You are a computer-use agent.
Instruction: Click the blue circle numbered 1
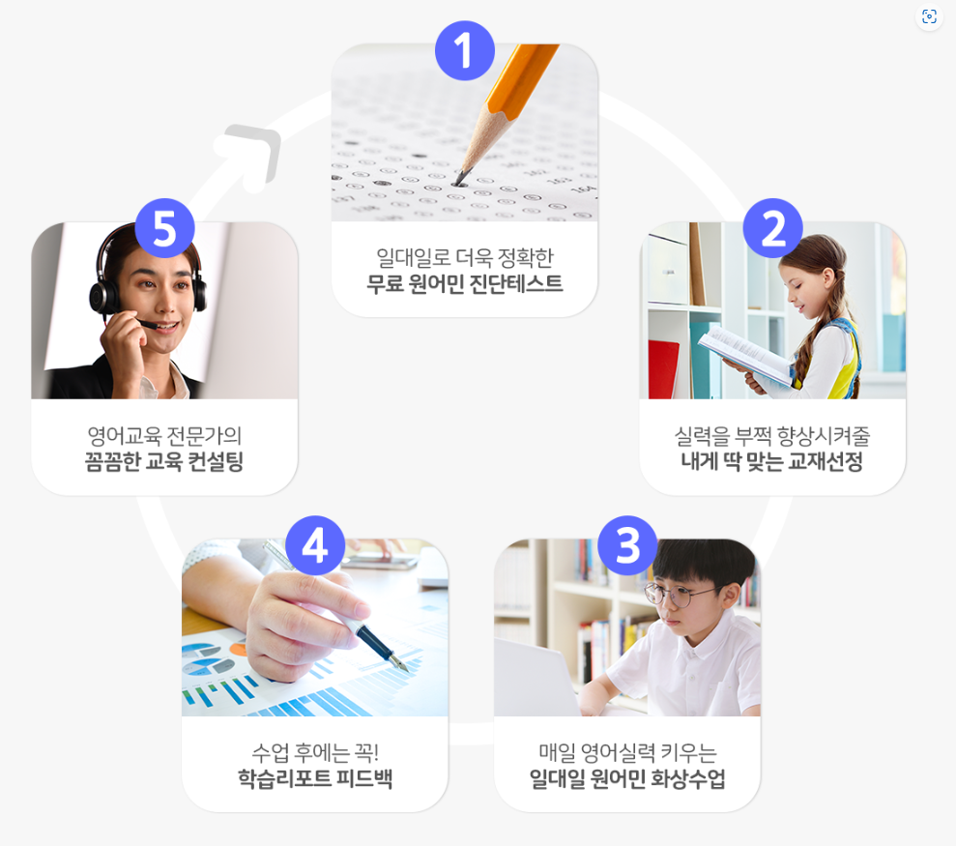(465, 50)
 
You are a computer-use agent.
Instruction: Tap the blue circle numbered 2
(772, 228)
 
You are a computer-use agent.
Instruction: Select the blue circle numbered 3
(627, 545)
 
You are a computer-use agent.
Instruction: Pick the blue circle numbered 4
(315, 545)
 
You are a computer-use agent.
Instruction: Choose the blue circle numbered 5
(164, 228)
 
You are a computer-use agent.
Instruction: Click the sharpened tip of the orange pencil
(457, 182)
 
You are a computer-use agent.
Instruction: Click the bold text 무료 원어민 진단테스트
(465, 283)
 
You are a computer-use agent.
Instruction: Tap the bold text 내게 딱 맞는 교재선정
(772, 461)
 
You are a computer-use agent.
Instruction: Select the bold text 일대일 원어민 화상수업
(627, 778)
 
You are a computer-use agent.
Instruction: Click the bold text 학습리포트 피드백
(314, 778)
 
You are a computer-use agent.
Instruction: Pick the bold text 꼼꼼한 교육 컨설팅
(164, 461)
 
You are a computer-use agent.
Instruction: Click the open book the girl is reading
(745, 355)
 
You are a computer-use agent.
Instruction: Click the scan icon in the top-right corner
(929, 16)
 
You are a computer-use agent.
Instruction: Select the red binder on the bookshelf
(663, 369)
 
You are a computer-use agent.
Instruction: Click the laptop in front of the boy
(536, 677)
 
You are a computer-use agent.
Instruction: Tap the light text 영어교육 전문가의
(164, 435)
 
